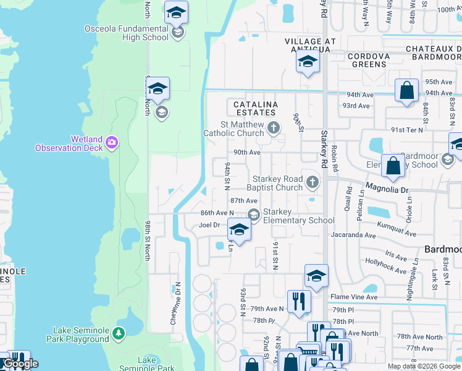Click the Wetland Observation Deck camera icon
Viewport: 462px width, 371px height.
[112, 143]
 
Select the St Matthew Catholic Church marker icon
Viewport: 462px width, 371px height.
[274, 128]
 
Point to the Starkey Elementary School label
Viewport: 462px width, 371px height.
[298, 216]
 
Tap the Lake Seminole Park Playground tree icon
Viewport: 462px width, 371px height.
[118, 334]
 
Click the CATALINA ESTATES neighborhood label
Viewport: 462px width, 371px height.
[255, 108]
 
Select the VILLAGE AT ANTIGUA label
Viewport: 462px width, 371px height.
[310, 41]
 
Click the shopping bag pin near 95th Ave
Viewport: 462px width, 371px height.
[407, 90]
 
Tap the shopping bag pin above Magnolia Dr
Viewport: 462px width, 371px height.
[393, 165]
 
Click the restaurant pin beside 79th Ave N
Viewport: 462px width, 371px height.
[300, 302]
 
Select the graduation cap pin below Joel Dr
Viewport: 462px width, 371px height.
[239, 230]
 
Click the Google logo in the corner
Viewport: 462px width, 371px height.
[20, 364]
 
